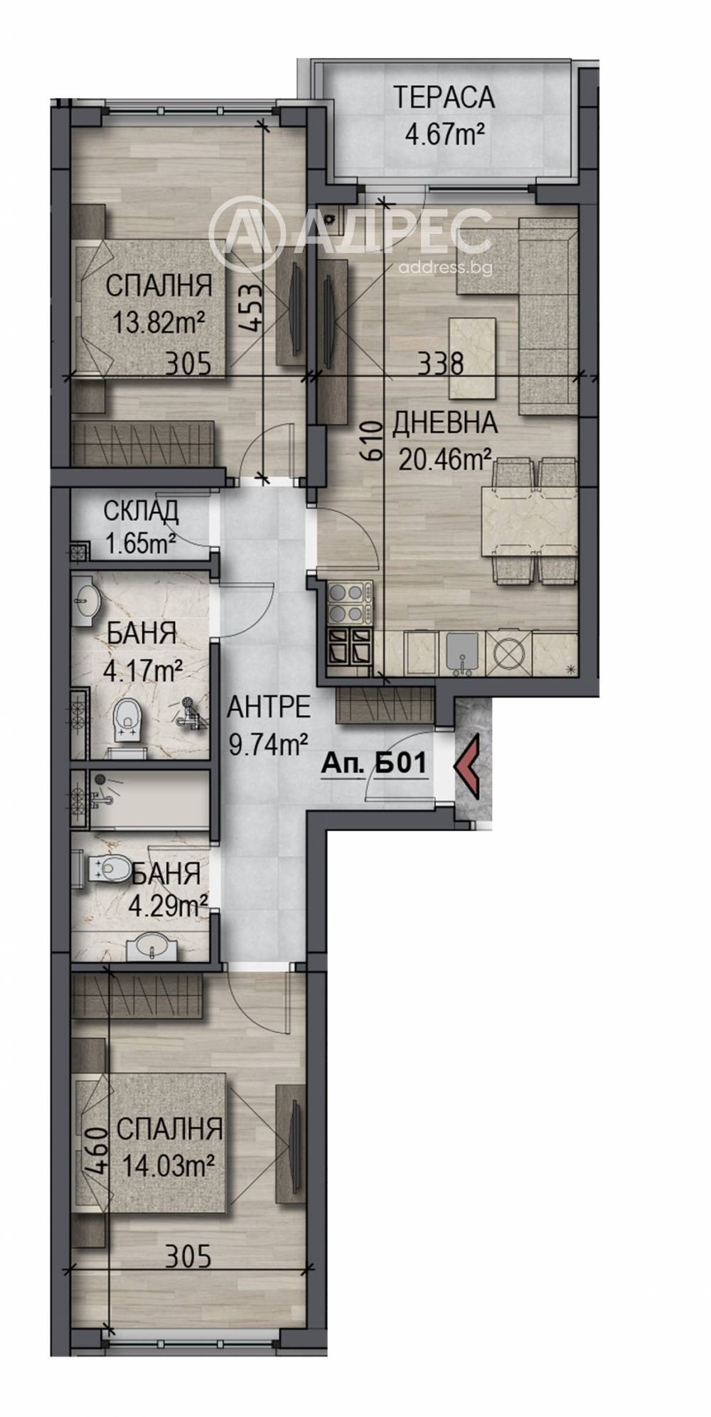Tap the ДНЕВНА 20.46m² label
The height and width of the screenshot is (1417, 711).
(x=444, y=442)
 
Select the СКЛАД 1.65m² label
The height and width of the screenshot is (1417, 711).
(x=140, y=526)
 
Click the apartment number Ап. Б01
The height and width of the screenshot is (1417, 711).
(x=374, y=763)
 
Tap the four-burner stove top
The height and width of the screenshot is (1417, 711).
(x=350, y=601)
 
